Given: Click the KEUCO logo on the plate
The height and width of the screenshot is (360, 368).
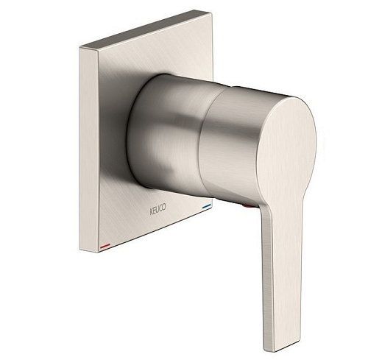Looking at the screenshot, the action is pos(158,209).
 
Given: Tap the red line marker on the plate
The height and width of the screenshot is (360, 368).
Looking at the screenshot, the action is pos(105,245).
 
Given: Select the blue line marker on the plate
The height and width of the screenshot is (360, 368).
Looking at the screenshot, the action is pos(207,206).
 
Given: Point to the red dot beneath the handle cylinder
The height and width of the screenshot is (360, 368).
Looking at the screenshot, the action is pos(246,207).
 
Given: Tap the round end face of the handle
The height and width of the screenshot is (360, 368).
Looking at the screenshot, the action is pos(286,147).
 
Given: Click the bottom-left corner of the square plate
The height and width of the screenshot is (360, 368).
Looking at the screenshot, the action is pos(99,253).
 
